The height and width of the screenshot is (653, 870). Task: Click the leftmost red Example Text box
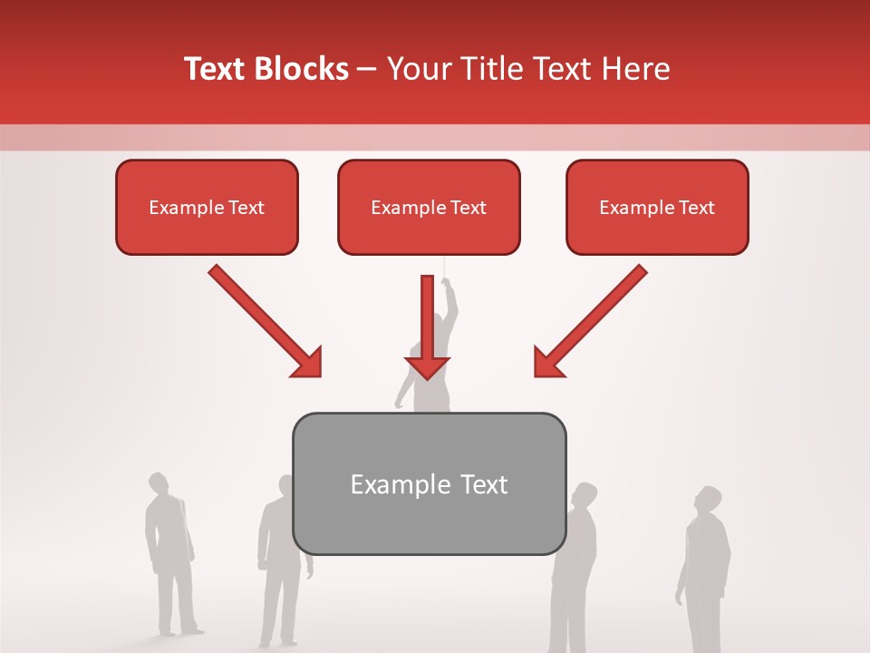207,208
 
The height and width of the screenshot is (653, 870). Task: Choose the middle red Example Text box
429,208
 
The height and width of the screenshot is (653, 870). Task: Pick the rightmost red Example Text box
657,208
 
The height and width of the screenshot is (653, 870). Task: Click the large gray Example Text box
429,483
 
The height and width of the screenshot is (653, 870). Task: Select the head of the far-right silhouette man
708,500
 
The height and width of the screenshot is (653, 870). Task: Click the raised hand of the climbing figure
446,282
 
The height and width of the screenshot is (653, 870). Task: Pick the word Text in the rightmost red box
696,208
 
